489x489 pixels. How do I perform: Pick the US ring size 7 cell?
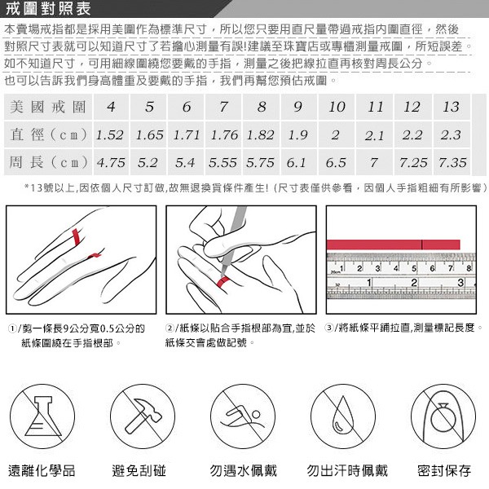coord(223,108)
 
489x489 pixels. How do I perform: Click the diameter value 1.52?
coord(110,134)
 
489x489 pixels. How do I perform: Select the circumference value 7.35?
coord(452,161)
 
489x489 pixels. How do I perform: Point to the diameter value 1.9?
coord(298,134)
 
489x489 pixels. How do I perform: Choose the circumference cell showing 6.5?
coord(336,161)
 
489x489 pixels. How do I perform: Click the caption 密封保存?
coord(444,470)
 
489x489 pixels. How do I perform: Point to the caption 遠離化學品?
coord(42,470)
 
